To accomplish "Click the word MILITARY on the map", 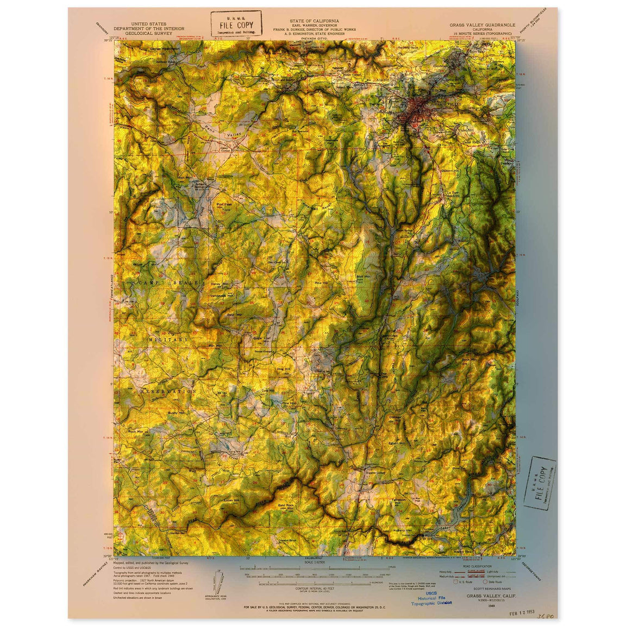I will pyautogui.click(x=169, y=339).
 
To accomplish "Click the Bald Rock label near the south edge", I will pyautogui.click(x=285, y=505).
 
